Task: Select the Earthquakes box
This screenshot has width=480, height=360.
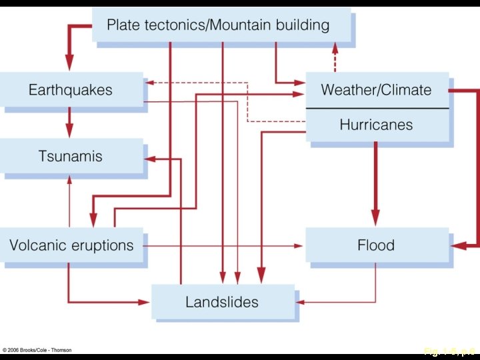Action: (71, 90)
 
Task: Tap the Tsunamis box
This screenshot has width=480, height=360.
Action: (71, 157)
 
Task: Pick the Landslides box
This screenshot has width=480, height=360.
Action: (222, 302)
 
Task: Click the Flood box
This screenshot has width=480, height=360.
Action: (376, 245)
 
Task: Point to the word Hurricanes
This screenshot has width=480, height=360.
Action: (376, 125)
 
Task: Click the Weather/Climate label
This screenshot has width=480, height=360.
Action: (376, 90)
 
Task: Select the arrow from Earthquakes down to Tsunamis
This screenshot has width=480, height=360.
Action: (69, 123)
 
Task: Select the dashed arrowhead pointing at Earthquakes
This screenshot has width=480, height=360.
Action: (149, 83)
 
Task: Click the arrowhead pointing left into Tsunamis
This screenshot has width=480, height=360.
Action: (149, 159)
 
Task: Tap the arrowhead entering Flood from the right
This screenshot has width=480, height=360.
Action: (456, 246)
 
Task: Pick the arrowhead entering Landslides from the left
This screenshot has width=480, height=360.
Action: (145, 302)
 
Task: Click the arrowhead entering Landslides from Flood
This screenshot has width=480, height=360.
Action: (300, 302)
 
